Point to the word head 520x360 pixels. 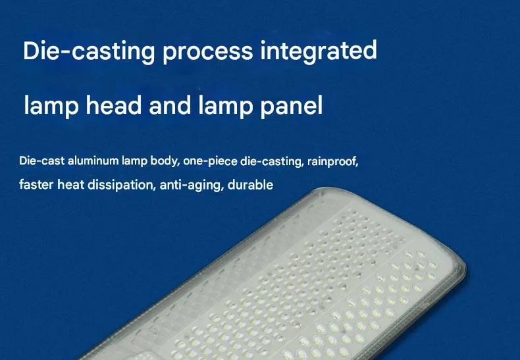click(113, 106)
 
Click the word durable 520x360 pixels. click(251, 185)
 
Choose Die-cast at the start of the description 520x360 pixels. click(41, 161)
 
